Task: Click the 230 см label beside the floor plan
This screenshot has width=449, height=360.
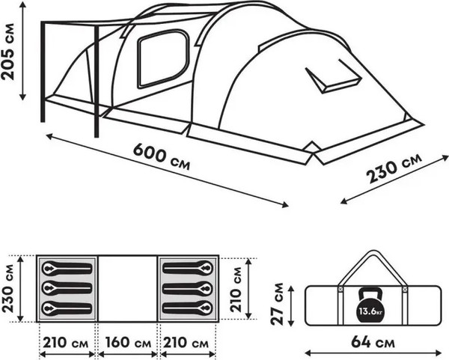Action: point(10,287)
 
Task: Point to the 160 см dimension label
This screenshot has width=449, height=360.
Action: point(128,344)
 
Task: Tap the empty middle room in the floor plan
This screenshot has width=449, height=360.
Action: point(128,287)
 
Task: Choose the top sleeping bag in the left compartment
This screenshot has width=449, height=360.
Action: point(67,268)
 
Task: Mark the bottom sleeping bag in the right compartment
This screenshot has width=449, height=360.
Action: point(188,307)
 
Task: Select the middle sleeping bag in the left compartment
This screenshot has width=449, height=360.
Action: point(67,287)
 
